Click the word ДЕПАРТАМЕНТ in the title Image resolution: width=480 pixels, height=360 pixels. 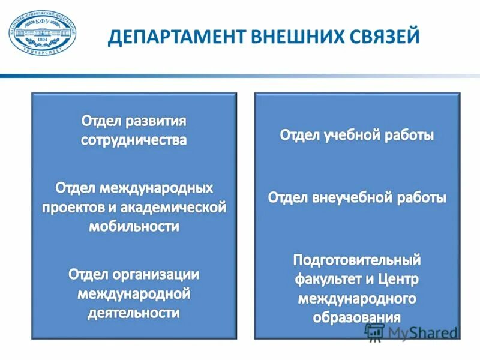(x=168, y=37)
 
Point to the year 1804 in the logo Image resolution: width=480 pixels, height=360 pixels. (x=42, y=38)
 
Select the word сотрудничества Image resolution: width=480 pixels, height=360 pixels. (x=134, y=140)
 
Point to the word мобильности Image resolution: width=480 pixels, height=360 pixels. (x=134, y=226)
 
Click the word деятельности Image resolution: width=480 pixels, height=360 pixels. (x=134, y=313)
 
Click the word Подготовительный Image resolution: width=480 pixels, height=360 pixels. (x=356, y=260)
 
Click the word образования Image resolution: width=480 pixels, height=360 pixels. (x=356, y=317)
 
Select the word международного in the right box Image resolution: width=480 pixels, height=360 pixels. (x=356, y=298)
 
